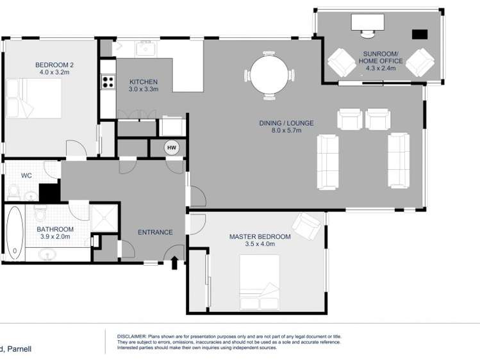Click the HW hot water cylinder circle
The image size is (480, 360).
[x=172, y=148]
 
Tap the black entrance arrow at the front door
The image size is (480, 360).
[x=173, y=263]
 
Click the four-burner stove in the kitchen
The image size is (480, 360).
[x=108, y=82]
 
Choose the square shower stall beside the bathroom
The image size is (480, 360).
[x=104, y=217]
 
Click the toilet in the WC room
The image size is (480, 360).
[x=13, y=190]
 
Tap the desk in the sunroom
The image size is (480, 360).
[x=367, y=23]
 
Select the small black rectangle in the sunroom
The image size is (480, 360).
[x=420, y=35]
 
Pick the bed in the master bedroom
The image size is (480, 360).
[x=259, y=281]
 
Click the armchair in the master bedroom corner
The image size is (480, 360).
[x=307, y=225]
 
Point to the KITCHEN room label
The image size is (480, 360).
[x=143, y=82]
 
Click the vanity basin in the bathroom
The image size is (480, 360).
[x=48, y=254]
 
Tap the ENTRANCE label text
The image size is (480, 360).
[x=155, y=232]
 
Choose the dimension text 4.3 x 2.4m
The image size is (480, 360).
[x=381, y=67]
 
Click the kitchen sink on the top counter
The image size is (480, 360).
[x=145, y=48]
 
